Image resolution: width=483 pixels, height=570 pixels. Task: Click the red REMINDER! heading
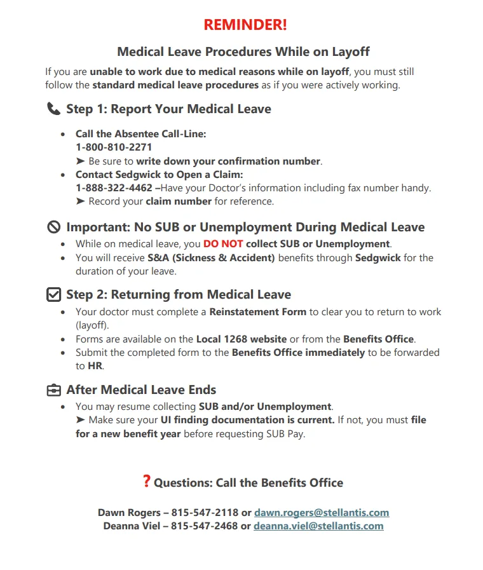(x=245, y=25)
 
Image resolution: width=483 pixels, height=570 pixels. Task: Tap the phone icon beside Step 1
(x=54, y=109)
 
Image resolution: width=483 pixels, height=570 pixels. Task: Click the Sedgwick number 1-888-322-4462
(x=114, y=188)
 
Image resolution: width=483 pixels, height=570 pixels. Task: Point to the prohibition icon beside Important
(x=54, y=227)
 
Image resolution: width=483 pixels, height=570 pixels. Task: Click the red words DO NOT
(x=223, y=244)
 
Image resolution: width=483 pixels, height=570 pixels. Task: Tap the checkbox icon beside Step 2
(x=54, y=295)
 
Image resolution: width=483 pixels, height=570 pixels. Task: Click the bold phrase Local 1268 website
(x=241, y=339)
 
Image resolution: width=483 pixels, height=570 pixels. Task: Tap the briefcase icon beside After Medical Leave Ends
(x=54, y=390)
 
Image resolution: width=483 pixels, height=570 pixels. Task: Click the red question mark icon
(x=147, y=482)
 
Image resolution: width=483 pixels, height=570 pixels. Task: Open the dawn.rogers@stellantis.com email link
(x=322, y=513)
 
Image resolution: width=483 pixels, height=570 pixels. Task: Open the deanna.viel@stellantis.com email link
(x=318, y=526)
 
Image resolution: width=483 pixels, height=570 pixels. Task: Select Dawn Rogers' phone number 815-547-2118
(x=205, y=513)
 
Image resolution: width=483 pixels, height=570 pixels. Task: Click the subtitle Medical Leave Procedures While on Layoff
(x=243, y=52)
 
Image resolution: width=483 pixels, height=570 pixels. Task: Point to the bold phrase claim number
(x=179, y=201)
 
